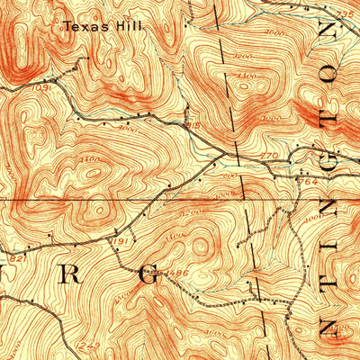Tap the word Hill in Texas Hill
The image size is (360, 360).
pyautogui.click(x=134, y=27)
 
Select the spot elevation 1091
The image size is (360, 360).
pyautogui.click(x=41, y=88)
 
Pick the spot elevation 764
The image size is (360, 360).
pyautogui.click(x=311, y=181)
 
